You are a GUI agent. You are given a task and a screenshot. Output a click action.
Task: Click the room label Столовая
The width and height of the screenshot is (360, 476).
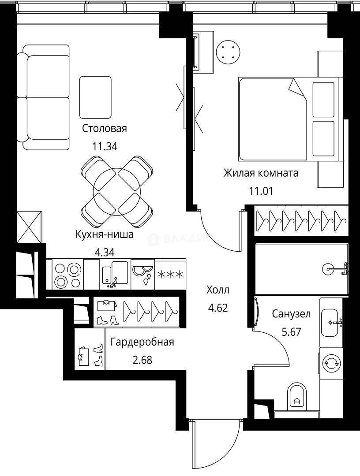click(104, 129)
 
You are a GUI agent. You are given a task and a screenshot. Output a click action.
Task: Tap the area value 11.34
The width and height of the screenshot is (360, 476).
click(105, 147)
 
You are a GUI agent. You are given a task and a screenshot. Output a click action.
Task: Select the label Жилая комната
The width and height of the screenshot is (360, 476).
click(261, 173)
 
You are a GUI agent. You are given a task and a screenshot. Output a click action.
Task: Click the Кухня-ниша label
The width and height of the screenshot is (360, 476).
click(104, 234)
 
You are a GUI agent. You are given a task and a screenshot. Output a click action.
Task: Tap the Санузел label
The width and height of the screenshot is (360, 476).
click(291, 314)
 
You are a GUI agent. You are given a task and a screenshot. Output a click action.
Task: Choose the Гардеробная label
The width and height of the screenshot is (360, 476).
click(142, 342)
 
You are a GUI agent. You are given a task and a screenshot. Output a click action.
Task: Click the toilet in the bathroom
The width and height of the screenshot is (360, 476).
click(296, 397)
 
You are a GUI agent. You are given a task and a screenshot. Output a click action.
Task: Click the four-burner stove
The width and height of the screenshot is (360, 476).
click(67, 274)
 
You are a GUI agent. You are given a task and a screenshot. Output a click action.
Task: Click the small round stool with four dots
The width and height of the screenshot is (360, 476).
click(228, 52)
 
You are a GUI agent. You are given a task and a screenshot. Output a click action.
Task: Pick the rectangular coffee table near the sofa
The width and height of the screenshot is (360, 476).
click(95, 97)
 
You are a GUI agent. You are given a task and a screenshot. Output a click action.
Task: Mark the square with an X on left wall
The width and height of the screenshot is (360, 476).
click(29, 227)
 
